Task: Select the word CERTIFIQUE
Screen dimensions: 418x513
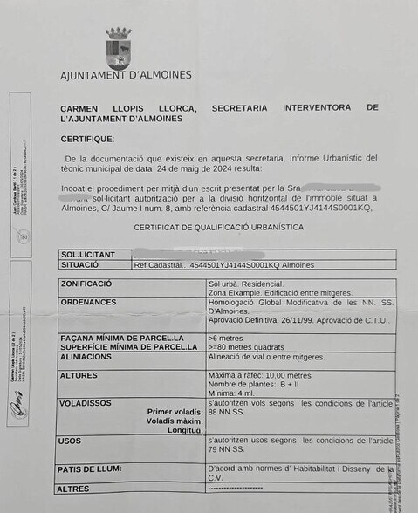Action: click(87, 139)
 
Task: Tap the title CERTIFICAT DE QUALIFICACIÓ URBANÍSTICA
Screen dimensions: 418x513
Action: click(219, 227)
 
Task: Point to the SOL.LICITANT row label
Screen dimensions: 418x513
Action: click(89, 255)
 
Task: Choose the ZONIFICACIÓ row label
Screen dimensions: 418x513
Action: click(86, 284)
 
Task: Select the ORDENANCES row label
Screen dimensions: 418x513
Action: click(88, 302)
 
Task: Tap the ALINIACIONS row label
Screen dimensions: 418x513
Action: click(86, 357)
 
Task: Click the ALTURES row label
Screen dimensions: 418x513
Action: click(79, 375)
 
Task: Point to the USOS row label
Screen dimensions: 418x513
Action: click(71, 441)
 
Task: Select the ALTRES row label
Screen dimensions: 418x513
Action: click(74, 489)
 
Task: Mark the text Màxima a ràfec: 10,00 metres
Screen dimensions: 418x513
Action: click(260, 375)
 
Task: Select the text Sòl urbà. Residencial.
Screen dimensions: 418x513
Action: click(246, 284)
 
